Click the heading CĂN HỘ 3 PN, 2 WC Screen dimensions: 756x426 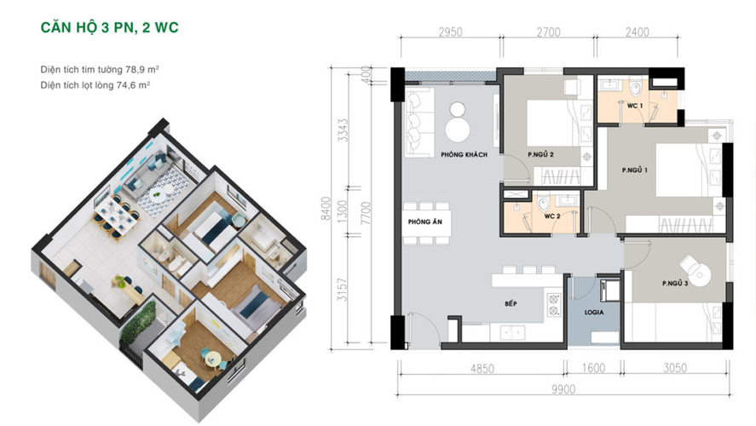pyautogui.click(x=109, y=27)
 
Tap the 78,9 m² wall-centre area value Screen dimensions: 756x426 pyautogui.click(x=142, y=69)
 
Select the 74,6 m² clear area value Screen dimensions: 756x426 pyautogui.click(x=133, y=85)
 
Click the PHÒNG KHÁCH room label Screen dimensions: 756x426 pyautogui.click(x=464, y=155)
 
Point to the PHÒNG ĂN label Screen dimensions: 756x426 pyautogui.click(x=424, y=222)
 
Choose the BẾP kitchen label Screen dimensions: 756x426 pyautogui.click(x=511, y=303)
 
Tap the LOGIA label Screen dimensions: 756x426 pyautogui.click(x=594, y=313)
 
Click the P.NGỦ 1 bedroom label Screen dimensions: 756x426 pyautogui.click(x=634, y=170)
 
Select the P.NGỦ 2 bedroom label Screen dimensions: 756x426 pyautogui.click(x=540, y=155)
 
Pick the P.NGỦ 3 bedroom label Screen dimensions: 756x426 pyautogui.click(x=675, y=284)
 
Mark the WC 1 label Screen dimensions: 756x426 pyautogui.click(x=634, y=106)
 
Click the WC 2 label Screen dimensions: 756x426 pyautogui.click(x=552, y=216)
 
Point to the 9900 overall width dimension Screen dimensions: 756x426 pyautogui.click(x=563, y=389)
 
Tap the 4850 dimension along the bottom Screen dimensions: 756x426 pyautogui.click(x=482, y=369)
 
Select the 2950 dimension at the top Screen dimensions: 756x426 pyautogui.click(x=450, y=32)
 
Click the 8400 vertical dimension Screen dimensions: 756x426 pyautogui.click(x=326, y=208)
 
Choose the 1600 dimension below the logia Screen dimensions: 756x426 pyautogui.click(x=593, y=368)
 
